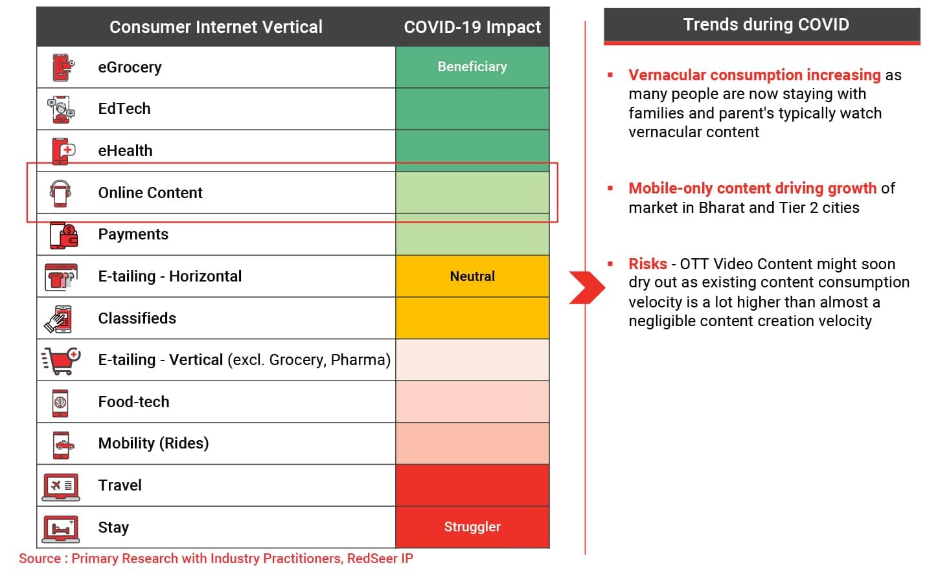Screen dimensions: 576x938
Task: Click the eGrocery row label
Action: (130, 67)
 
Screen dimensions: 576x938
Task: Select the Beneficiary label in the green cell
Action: (472, 67)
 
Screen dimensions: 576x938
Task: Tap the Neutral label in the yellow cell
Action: (472, 276)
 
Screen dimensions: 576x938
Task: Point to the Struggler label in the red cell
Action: (472, 527)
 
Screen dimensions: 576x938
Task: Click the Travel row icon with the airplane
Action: (61, 486)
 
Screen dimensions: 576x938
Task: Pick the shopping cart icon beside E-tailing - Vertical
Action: (62, 360)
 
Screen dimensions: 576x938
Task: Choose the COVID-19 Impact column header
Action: (472, 27)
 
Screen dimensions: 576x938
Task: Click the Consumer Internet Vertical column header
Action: (216, 27)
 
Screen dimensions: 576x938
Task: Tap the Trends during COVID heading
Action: (766, 25)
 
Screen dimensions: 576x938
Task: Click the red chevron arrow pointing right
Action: (586, 287)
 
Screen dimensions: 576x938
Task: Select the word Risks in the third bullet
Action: (647, 264)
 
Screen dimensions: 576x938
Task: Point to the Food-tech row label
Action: (133, 402)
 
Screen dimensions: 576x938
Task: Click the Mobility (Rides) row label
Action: (154, 443)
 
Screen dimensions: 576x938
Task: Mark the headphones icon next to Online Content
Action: (60, 193)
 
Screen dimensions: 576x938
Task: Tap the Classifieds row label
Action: (137, 318)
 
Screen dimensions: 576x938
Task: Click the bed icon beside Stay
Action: (61, 528)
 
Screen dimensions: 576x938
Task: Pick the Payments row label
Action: (133, 234)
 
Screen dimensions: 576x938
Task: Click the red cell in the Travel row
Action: (472, 485)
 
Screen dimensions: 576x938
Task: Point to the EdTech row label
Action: (124, 109)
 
